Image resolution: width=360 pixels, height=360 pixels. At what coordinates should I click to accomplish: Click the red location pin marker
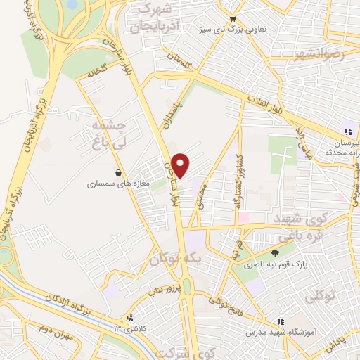pos(181,165)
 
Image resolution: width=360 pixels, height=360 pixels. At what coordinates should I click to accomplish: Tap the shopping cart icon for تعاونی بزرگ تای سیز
pos(233,20)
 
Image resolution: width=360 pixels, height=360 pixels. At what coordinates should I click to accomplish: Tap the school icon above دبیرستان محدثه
pos(347,131)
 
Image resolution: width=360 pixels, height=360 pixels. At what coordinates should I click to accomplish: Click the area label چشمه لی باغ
pos(109,133)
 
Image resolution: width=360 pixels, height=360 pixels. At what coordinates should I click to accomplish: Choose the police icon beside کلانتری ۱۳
pos(129,319)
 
